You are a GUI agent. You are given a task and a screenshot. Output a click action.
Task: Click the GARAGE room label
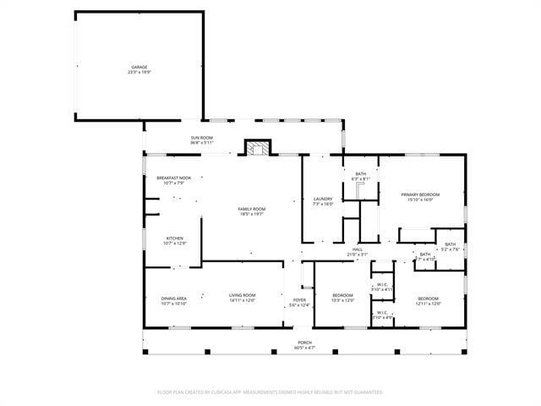pos(139,67)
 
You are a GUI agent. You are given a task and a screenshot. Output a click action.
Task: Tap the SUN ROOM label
pos(201,137)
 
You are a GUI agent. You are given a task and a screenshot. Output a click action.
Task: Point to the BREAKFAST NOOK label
pos(174,178)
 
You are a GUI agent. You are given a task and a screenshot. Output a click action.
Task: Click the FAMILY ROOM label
pos(251,209)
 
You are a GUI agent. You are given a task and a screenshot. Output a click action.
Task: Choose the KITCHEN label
pos(175,239)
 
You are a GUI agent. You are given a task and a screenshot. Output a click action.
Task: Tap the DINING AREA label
pos(174,298)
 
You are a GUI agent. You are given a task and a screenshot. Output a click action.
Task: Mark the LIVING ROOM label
pos(242,295)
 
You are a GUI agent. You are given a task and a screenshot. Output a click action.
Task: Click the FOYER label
pos(299,300)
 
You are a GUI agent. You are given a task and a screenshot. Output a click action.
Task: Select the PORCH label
pos(304,343)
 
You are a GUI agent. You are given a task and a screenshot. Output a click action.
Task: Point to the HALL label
pos(358,250)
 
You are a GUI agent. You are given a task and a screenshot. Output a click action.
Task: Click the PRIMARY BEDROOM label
pos(420,195)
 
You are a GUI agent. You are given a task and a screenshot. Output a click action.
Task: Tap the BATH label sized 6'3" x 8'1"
pos(361,174)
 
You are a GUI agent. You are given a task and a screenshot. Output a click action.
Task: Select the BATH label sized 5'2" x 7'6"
pos(451,244)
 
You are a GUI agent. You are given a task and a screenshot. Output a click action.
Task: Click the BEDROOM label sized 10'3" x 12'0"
pos(342,295)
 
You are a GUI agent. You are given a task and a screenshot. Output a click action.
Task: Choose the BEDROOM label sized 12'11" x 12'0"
pos(429,298)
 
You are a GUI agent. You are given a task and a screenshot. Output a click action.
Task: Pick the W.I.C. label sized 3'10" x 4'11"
pos(382,285)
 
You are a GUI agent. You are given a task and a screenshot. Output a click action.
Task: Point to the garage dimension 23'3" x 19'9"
pos(139,72)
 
